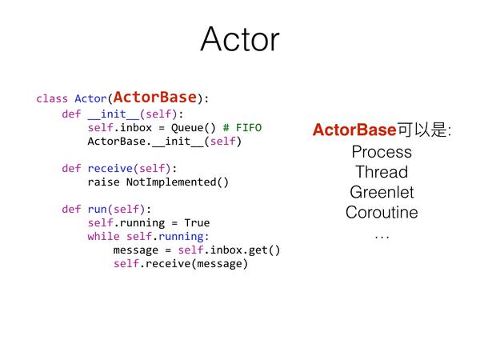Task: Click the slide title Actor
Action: [x=240, y=39]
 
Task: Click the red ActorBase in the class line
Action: [x=155, y=98]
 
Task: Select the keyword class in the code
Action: [x=52, y=98]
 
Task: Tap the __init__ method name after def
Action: [x=113, y=114]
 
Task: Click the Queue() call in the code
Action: [x=193, y=128]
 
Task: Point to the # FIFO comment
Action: [x=242, y=127]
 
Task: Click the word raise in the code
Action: [x=103, y=182]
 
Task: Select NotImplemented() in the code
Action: [x=178, y=182]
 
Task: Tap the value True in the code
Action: [x=197, y=223]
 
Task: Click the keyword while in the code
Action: [x=103, y=236]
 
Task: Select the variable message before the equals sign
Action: [x=136, y=250]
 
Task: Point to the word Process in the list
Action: [x=382, y=152]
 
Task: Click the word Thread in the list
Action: [x=382, y=172]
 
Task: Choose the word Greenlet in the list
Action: [x=382, y=192]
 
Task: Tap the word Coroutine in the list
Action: [x=382, y=213]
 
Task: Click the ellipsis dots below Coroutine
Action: [x=382, y=237]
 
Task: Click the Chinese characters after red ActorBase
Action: [x=424, y=130]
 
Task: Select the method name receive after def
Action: [x=110, y=168]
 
